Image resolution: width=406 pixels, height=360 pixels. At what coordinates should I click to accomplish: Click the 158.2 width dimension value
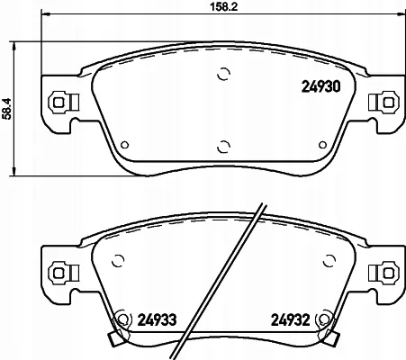tap(223, 6)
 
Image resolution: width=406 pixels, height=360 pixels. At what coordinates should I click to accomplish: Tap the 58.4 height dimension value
tap(6, 109)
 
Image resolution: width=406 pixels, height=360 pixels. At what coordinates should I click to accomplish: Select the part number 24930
tap(320, 87)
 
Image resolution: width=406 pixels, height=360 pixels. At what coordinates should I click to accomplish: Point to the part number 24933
tap(157, 320)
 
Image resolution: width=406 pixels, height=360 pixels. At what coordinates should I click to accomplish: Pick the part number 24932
tap(290, 320)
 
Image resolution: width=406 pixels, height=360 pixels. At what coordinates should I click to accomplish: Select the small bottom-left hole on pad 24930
tap(125, 145)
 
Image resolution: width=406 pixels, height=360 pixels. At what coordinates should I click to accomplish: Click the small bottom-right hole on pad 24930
tap(322, 145)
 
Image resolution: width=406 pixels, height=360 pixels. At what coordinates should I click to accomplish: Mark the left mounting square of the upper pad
tap(59, 103)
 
